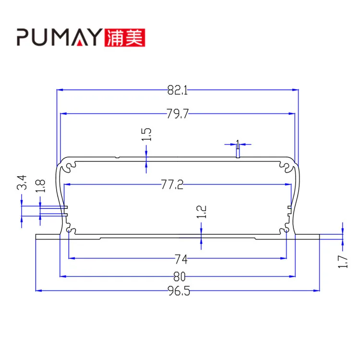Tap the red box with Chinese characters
(124, 37)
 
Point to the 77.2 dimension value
(172, 184)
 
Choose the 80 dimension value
(180, 276)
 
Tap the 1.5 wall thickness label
(147, 134)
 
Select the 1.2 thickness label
(202, 212)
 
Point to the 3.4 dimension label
(22, 184)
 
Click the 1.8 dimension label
(40, 186)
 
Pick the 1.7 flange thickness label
(343, 261)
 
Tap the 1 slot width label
(238, 142)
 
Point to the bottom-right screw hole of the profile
(287, 230)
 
